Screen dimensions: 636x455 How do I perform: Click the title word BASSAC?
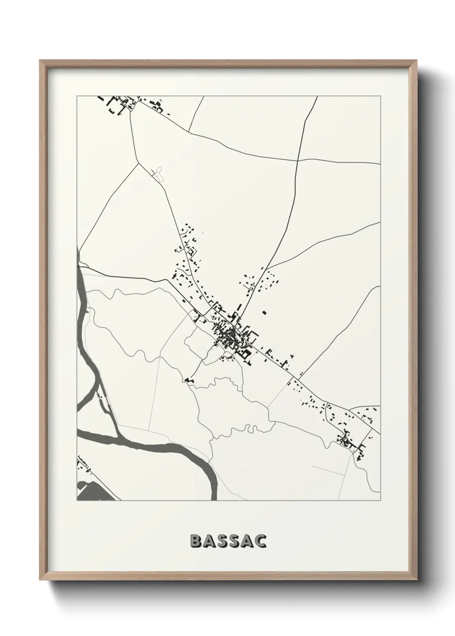pyautogui.click(x=228, y=541)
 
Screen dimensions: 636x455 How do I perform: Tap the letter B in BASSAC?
pyautogui.click(x=195, y=541)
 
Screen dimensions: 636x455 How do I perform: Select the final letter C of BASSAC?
pyautogui.click(x=260, y=541)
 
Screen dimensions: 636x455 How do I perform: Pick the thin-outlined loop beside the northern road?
pyautogui.click(x=159, y=174)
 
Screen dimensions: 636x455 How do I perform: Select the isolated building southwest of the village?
pyautogui.click(x=188, y=380)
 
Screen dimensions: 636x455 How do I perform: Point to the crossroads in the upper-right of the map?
pyautogui.click(x=298, y=160)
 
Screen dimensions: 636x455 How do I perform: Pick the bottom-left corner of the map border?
pyautogui.click(x=77, y=501)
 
